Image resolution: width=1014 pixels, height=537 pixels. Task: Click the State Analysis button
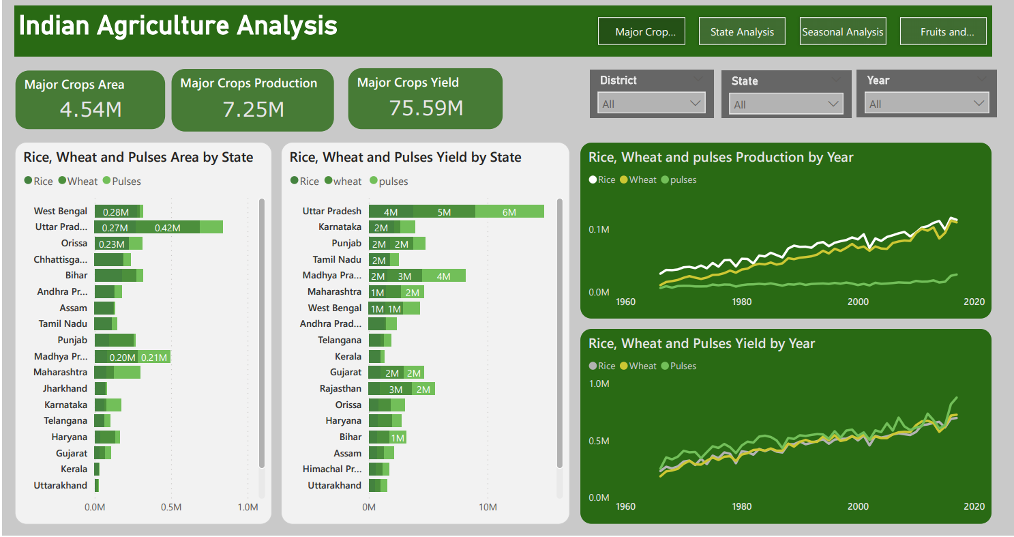tap(742, 31)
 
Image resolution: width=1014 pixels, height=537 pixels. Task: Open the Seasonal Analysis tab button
tap(843, 31)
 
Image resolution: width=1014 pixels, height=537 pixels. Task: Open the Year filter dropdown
tap(926, 104)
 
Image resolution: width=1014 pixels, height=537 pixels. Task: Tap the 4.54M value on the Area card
tap(90, 109)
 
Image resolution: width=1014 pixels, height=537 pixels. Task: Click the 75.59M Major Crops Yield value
tap(426, 108)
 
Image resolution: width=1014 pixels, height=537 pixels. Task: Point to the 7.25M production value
tap(253, 109)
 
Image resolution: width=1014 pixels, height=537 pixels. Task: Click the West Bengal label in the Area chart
tap(61, 212)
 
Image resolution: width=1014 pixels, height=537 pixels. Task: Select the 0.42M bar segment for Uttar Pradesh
tap(167, 228)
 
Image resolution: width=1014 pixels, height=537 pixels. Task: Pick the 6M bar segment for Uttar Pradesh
tap(509, 212)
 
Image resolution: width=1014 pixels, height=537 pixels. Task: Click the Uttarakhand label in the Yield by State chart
tap(334, 485)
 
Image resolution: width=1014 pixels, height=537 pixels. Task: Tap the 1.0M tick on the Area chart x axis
tap(248, 508)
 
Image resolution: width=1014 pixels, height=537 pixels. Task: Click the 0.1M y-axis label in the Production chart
tap(599, 230)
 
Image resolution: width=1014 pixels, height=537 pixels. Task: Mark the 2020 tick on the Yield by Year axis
tap(974, 506)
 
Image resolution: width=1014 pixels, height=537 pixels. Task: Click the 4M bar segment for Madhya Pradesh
tap(443, 276)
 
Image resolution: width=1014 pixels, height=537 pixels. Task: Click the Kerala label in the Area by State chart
tap(74, 469)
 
